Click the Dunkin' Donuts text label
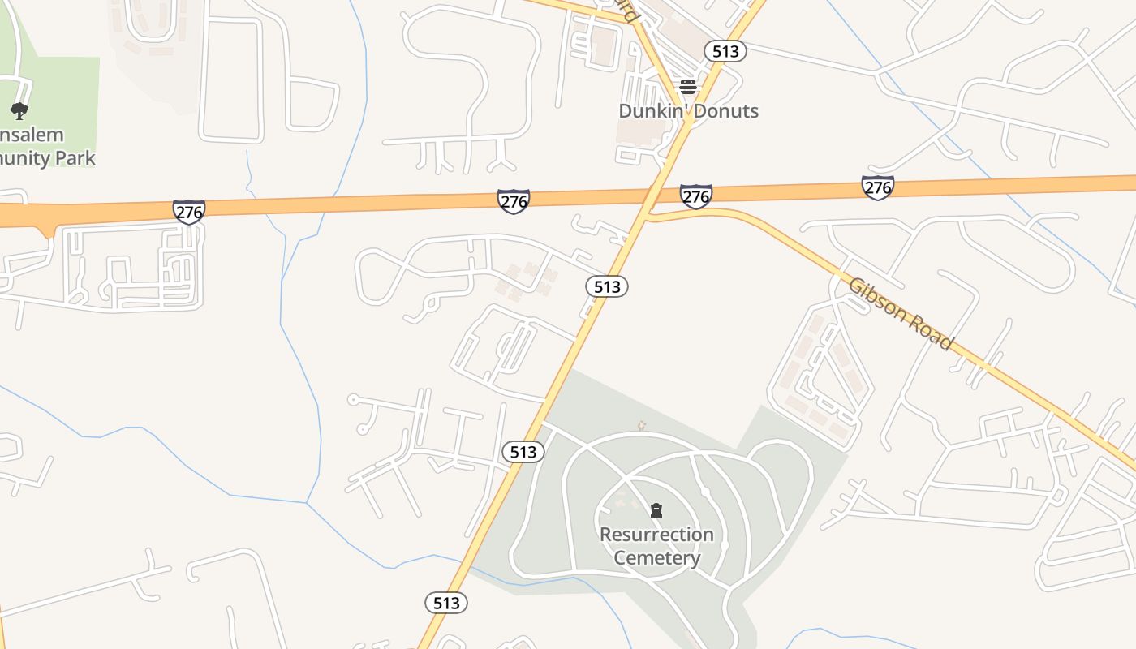(688, 111)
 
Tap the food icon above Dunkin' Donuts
(688, 87)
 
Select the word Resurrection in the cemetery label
(656, 535)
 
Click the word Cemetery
(656, 558)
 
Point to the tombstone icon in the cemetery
(656, 510)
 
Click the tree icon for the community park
(19, 111)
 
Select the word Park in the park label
(75, 158)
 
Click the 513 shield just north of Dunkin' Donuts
(725, 51)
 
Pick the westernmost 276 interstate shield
(188, 212)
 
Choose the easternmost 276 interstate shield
(877, 188)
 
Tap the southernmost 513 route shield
(446, 603)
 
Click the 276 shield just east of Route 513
(695, 196)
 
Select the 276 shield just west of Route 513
(513, 201)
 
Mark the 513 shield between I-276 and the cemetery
(607, 286)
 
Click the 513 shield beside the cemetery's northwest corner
(523, 452)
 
